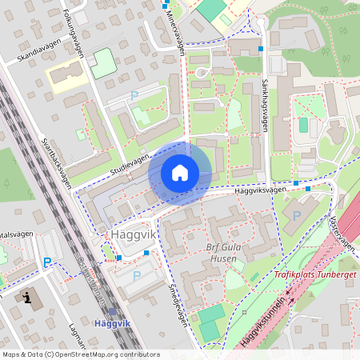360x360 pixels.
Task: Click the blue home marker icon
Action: [x=180, y=173]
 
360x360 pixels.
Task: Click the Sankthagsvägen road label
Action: [x=263, y=103]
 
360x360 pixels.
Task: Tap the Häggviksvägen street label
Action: [x=260, y=190]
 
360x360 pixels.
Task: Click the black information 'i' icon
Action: [x=30, y=298]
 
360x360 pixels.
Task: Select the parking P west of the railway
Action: [x=47, y=262]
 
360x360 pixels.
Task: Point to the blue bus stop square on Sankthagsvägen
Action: [x=261, y=49]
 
